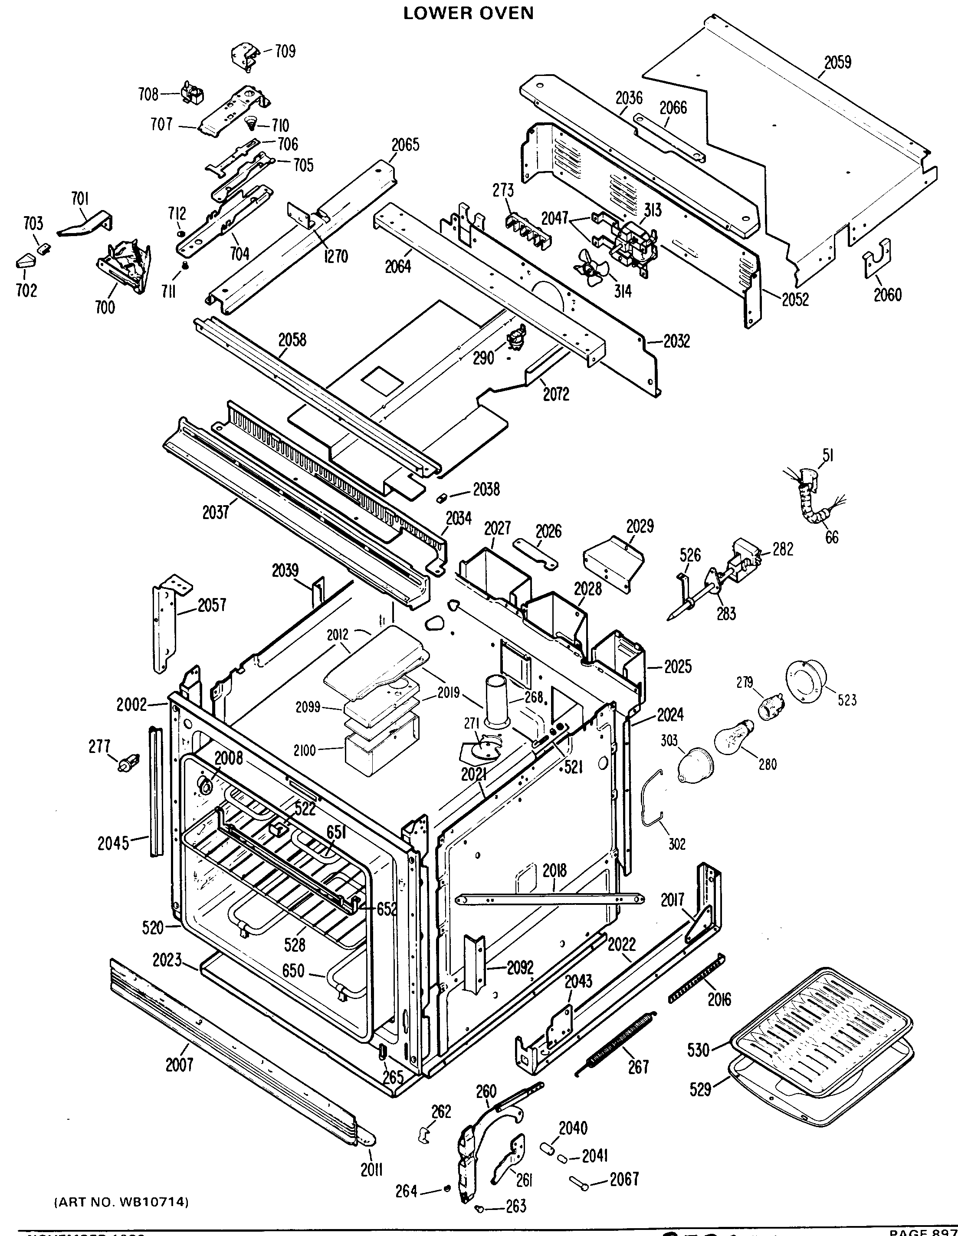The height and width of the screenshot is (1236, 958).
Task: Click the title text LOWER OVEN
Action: point(469,13)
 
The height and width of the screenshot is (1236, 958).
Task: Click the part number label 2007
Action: point(179,1065)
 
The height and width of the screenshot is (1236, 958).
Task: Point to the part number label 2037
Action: point(216,513)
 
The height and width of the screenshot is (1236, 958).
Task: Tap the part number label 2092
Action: point(520,967)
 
